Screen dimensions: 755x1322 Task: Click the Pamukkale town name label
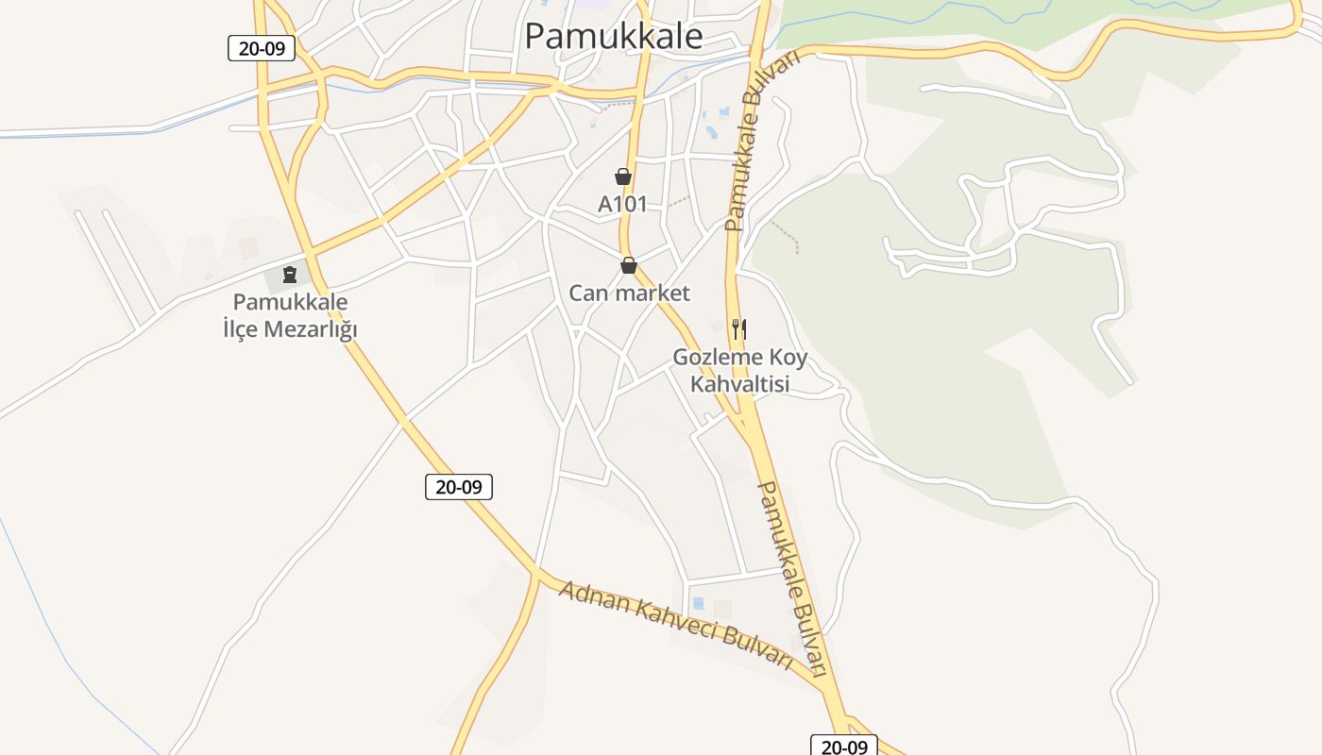click(614, 36)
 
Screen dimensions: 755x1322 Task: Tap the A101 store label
click(622, 203)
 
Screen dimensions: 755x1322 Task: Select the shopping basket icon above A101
click(623, 176)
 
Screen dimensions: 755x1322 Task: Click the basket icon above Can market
click(629, 266)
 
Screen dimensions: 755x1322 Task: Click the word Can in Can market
click(585, 294)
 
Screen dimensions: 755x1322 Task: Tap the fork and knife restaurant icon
click(739, 329)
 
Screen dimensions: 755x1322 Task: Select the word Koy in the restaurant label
click(789, 358)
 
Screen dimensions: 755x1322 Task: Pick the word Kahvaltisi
click(739, 384)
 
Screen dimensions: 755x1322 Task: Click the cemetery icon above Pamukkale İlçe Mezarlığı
click(290, 275)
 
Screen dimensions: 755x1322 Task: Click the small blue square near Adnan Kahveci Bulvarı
click(698, 603)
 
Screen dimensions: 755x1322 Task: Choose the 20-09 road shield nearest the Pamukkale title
click(262, 48)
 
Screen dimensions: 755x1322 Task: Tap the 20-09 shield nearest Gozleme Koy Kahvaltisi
click(459, 487)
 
